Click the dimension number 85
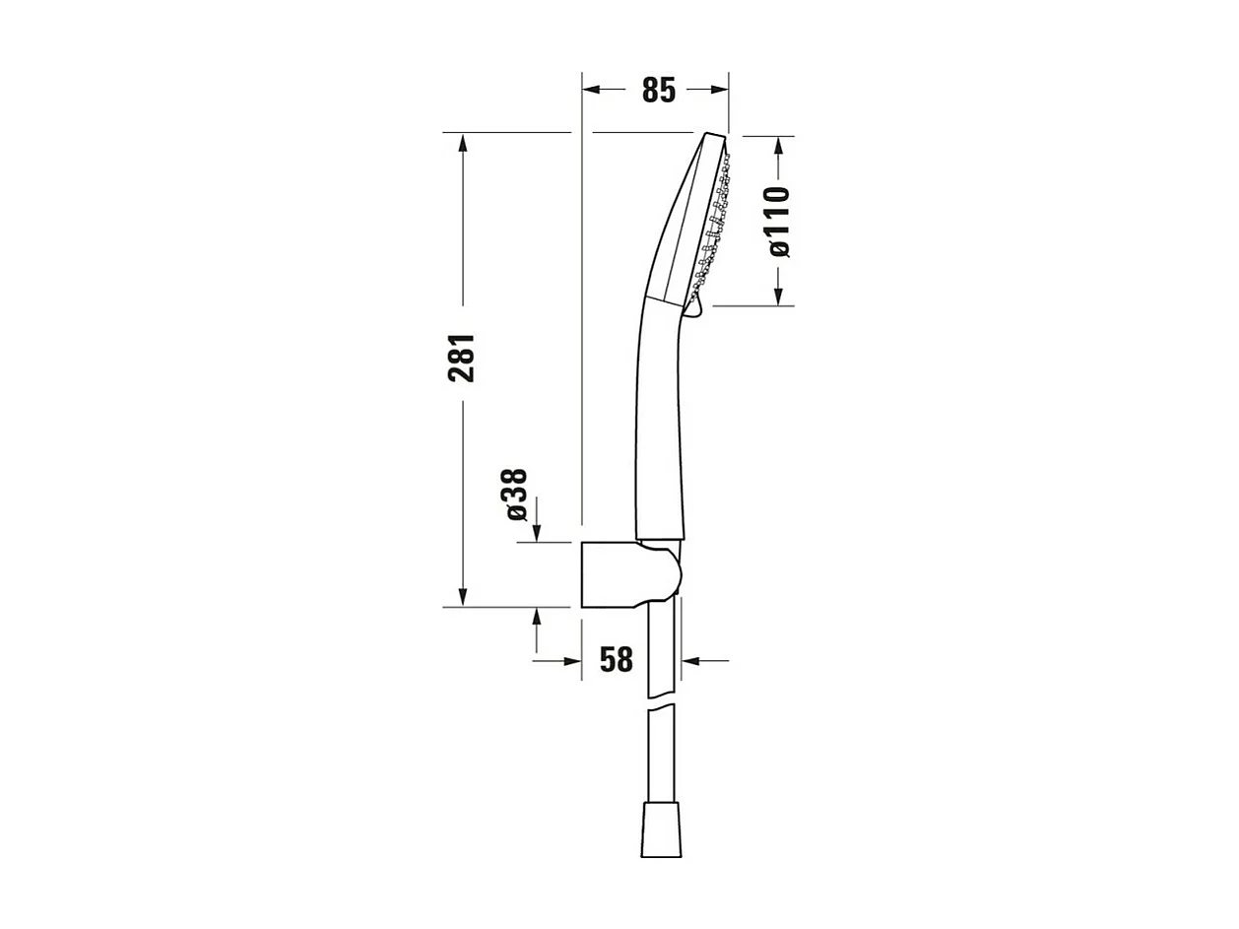coord(659,90)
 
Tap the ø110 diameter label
coord(778,222)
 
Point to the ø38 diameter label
coord(516,495)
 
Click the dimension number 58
coord(617,660)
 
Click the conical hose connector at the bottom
coord(661,829)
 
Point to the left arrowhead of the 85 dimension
coord(591,90)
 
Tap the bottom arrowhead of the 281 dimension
coord(463,597)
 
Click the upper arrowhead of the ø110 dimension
coord(778,145)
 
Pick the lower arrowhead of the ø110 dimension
coord(778,296)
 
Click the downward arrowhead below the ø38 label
coord(537,532)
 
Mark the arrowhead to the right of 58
coord(690,660)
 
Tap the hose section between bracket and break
coord(662,650)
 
